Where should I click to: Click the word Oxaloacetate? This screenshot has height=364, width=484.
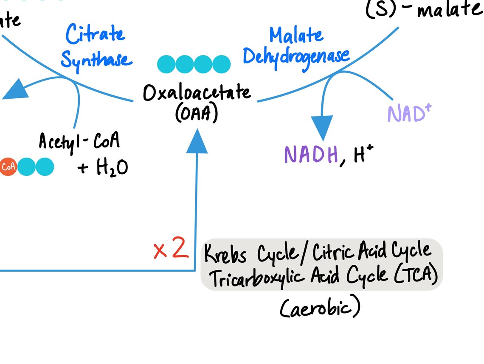pyautogui.click(x=196, y=93)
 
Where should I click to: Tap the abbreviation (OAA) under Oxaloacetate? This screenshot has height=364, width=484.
pyautogui.click(x=197, y=113)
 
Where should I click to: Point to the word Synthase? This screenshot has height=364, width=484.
pyautogui.click(x=96, y=60)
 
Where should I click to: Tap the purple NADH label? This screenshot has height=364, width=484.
pyautogui.click(x=311, y=155)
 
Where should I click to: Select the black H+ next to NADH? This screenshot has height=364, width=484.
pyautogui.click(x=363, y=156)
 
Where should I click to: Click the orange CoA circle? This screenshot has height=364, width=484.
pyautogui.click(x=8, y=167)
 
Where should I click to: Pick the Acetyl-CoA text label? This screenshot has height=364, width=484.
pyautogui.click(x=79, y=141)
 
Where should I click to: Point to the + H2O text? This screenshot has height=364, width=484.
pyautogui.click(x=103, y=168)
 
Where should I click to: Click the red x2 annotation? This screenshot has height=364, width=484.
pyautogui.click(x=171, y=250)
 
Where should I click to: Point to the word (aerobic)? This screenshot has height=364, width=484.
pyautogui.click(x=320, y=308)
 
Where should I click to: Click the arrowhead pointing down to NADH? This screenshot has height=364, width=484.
pyautogui.click(x=322, y=128)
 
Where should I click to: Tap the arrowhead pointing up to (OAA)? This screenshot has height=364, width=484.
pyautogui.click(x=197, y=141)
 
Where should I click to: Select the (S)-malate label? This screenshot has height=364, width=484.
pyautogui.click(x=423, y=9)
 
